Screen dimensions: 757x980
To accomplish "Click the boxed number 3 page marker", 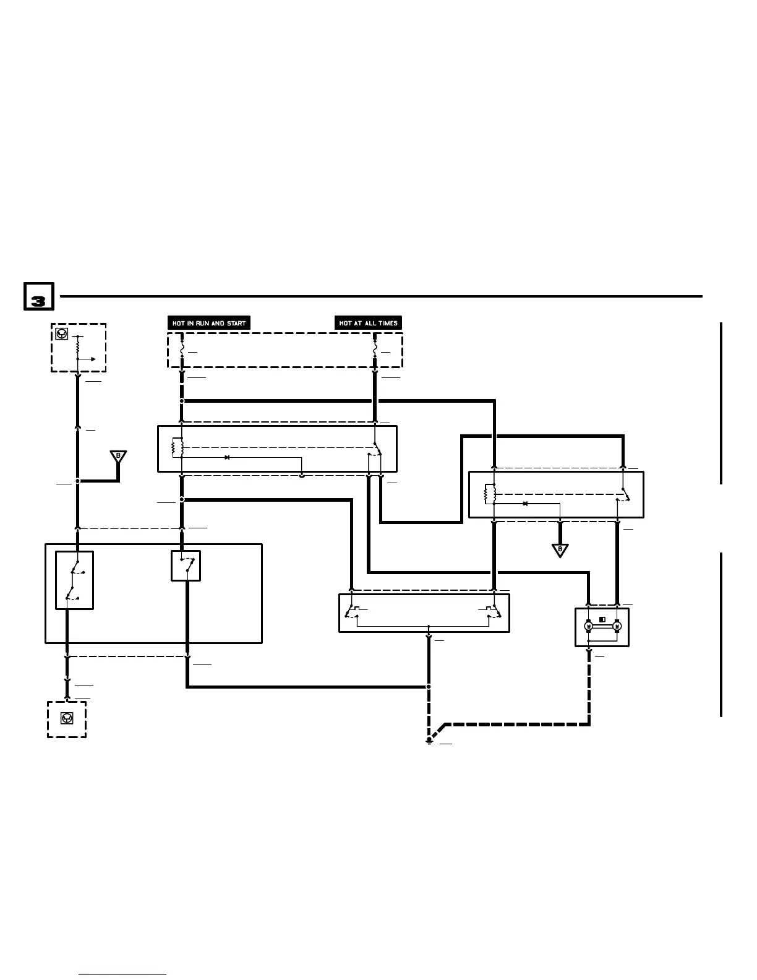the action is (38, 297).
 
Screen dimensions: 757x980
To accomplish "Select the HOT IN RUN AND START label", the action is (209, 323).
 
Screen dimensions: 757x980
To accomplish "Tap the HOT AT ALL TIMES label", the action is (368, 323).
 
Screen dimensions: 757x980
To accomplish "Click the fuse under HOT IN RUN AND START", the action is (182, 351).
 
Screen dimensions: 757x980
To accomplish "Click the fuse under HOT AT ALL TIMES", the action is (375, 351).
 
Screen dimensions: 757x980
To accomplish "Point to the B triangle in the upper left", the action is (118, 457).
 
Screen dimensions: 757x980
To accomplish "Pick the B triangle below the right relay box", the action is (560, 549).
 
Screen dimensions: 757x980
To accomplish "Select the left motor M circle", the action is (588, 626).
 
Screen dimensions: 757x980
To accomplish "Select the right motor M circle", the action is (616, 626).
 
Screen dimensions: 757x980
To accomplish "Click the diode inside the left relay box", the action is (227, 457).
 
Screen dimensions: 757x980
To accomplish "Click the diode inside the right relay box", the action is (525, 504).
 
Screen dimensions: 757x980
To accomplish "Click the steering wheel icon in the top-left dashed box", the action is (61, 334).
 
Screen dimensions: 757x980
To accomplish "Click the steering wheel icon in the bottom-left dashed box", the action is (66, 718).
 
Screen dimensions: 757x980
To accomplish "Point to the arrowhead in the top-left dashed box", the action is (92, 359).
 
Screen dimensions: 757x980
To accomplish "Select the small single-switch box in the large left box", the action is (186, 565).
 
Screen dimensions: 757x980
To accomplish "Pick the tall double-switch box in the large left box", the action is (74, 580).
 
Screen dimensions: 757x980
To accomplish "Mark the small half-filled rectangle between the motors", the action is (602, 619).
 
